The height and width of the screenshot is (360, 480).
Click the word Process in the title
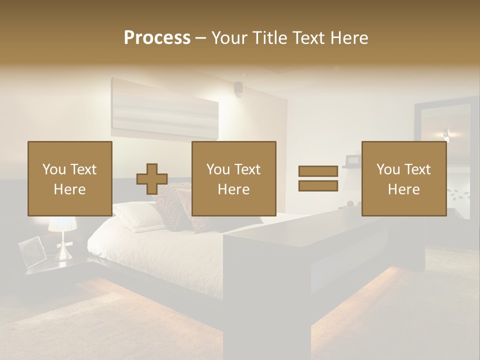coord(157,38)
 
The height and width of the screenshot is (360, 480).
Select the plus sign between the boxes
coord(152,179)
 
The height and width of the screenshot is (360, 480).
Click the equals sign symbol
coord(318,178)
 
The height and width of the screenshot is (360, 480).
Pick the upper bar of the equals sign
coord(318,171)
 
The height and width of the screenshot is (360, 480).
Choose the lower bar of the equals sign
coord(318,185)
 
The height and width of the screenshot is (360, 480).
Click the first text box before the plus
coord(70,179)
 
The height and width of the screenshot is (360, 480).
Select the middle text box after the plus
coord(234,179)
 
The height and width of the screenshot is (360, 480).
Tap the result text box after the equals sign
coord(404,179)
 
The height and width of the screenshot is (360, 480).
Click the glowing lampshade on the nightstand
coord(62,223)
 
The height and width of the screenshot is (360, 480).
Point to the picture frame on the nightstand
coord(32,251)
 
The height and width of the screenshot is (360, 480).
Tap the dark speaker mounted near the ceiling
coord(238,88)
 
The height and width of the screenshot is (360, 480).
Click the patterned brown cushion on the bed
coord(172,205)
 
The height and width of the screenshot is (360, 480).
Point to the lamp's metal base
coord(62,250)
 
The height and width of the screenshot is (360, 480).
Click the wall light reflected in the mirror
coord(445,134)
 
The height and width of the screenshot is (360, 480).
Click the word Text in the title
coord(309,38)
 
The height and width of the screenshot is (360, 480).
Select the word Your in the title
coord(229,38)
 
